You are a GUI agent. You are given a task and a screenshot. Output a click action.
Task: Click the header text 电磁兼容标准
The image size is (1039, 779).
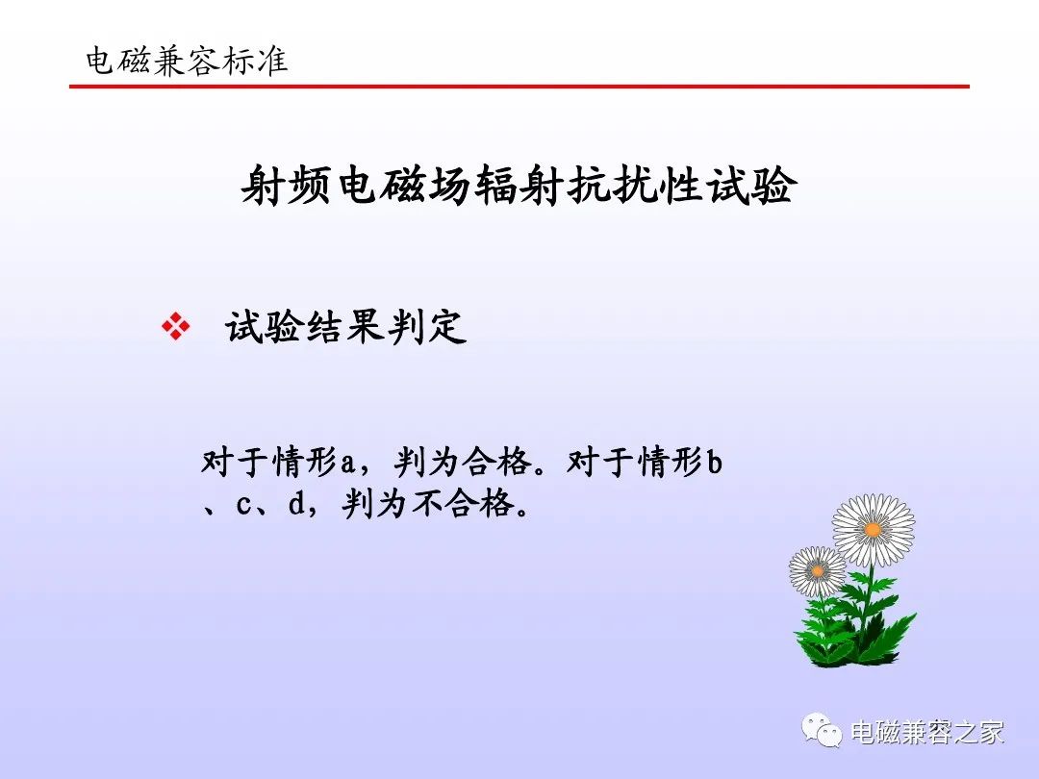tap(187, 61)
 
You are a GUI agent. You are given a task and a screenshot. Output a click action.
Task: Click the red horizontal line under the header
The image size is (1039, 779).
tap(519, 87)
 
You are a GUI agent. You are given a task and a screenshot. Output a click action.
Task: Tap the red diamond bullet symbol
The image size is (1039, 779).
tap(176, 327)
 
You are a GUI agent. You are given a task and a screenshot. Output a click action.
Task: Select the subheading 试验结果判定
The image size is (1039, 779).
tap(345, 327)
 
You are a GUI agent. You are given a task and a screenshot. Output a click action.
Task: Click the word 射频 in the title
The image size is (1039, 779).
tap(287, 186)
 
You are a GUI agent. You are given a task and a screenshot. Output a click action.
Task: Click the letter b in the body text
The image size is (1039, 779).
tap(714, 462)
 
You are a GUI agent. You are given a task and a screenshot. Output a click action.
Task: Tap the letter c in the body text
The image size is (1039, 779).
tap(243, 506)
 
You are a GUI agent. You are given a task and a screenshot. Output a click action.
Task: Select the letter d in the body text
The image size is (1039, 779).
tap(296, 503)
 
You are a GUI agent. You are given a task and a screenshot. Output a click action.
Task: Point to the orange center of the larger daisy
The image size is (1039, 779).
tap(873, 529)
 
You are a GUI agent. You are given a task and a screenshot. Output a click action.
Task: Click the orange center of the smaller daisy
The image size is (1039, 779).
tap(818, 571)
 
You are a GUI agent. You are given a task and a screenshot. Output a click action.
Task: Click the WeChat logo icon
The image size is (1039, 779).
tap(822, 730)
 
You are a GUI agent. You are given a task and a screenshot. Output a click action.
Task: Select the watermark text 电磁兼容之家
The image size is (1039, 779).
tap(927, 732)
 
